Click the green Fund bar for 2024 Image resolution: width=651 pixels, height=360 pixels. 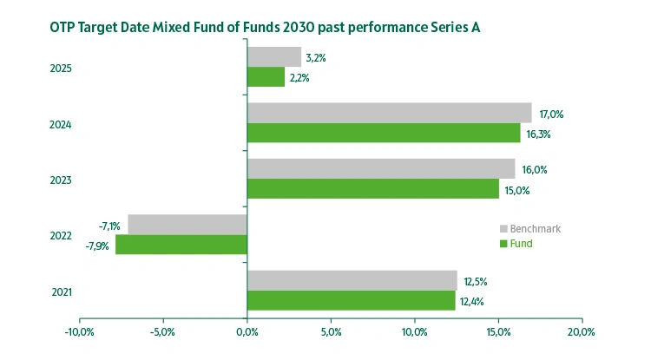click(x=384, y=133)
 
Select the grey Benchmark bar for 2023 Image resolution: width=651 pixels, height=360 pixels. click(x=381, y=168)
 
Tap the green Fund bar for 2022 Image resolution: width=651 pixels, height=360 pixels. click(x=181, y=245)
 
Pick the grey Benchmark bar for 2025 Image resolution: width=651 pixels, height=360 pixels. click(x=274, y=57)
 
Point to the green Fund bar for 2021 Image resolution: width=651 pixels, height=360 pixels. click(x=351, y=300)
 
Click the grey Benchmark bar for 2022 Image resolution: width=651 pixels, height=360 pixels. click(x=187, y=225)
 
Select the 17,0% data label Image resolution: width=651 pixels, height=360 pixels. click(x=551, y=114)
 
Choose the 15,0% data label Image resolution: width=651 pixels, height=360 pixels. click(x=517, y=190)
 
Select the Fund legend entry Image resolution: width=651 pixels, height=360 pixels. click(x=521, y=244)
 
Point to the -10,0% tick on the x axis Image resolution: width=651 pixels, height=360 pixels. click(x=79, y=331)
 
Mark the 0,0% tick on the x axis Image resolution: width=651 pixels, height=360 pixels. click(x=247, y=331)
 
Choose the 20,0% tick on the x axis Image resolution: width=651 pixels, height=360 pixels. click(x=581, y=331)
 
